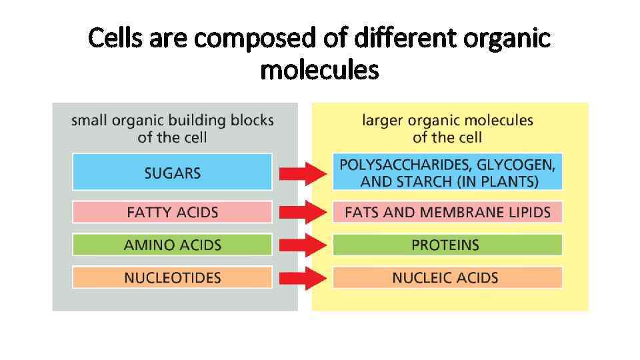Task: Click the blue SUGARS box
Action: [x=172, y=172]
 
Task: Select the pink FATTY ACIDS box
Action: [x=172, y=213]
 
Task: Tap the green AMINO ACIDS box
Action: [x=172, y=245]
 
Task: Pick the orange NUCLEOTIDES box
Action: [x=172, y=277]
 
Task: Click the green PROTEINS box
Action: [x=447, y=245]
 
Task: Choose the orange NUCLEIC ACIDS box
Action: [x=447, y=277]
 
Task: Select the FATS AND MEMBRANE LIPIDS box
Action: [x=447, y=213]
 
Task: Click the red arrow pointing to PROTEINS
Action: [x=303, y=245]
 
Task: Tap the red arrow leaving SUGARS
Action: [x=303, y=174]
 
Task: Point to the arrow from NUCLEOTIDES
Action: [x=303, y=278]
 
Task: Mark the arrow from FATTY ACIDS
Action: [x=303, y=213]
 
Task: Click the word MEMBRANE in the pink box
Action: [x=455, y=213]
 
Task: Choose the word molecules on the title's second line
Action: [x=319, y=69]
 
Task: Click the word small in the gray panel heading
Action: [x=89, y=121]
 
